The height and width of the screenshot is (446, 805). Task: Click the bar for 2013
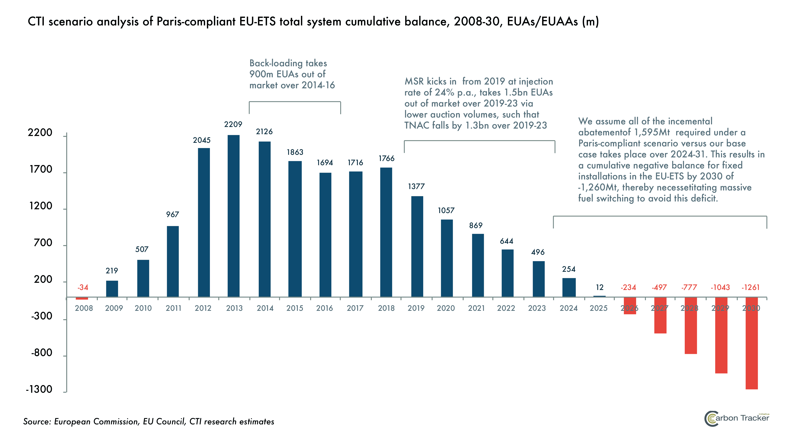(x=234, y=216)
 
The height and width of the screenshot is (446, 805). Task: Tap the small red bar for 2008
(x=82, y=298)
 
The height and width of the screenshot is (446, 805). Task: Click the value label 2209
(x=233, y=125)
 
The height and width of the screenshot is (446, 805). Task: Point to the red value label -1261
(x=750, y=287)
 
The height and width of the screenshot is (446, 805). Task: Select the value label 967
(x=172, y=214)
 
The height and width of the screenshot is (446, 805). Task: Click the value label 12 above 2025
(x=599, y=287)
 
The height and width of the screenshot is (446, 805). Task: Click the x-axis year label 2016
(x=324, y=308)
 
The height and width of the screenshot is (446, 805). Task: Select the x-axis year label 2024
(x=568, y=308)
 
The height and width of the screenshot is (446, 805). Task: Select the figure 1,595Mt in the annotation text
(x=652, y=132)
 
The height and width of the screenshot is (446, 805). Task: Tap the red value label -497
(x=659, y=287)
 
